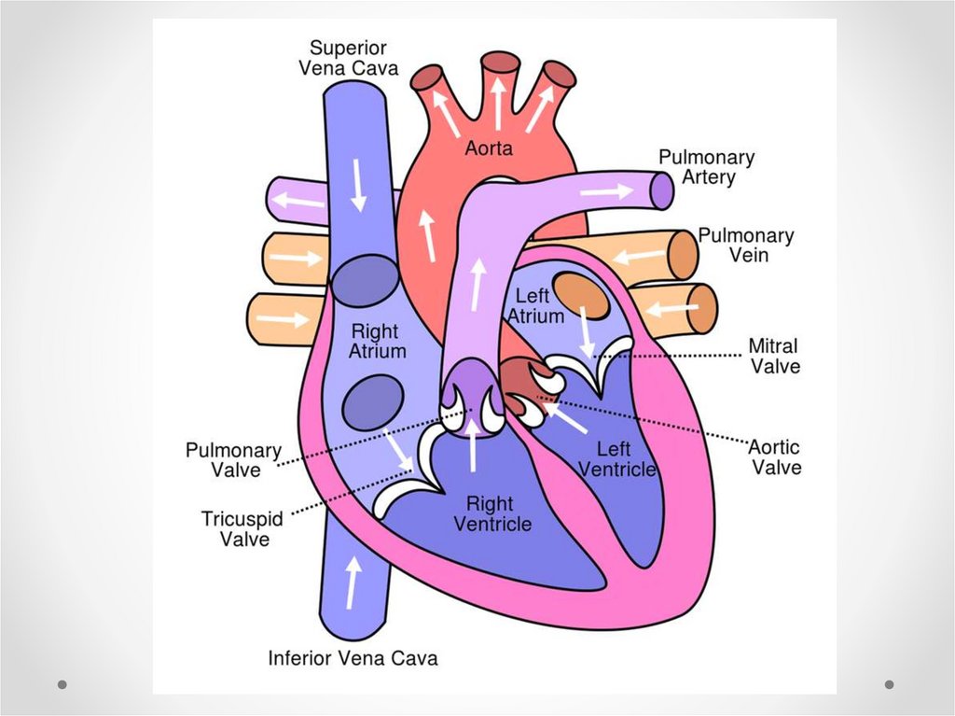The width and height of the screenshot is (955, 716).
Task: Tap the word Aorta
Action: pyautogui.click(x=490, y=148)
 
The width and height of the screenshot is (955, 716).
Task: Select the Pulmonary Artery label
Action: pyautogui.click(x=706, y=167)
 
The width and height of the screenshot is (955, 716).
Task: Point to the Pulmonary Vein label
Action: pyautogui.click(x=745, y=246)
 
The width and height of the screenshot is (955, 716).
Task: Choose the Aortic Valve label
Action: pyautogui.click(x=776, y=457)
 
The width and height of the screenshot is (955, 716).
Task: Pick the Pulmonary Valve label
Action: pyautogui.click(x=233, y=460)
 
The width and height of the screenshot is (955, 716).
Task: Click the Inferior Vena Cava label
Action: pyautogui.click(x=353, y=657)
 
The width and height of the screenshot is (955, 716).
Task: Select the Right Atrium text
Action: pyautogui.click(x=377, y=342)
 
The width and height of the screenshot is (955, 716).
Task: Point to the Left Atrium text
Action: pyautogui.click(x=535, y=306)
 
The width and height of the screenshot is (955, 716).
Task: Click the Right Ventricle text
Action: pyautogui.click(x=492, y=513)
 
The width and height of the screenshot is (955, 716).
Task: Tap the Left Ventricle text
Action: pyautogui.click(x=616, y=459)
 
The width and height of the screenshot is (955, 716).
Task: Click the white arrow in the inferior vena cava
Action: pyautogui.click(x=353, y=581)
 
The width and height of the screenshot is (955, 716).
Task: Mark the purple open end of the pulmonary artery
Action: pyautogui.click(x=660, y=191)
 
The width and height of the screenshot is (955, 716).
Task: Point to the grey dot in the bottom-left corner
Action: pyautogui.click(x=62, y=684)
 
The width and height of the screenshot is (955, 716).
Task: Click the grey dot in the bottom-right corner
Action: pyautogui.click(x=889, y=684)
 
